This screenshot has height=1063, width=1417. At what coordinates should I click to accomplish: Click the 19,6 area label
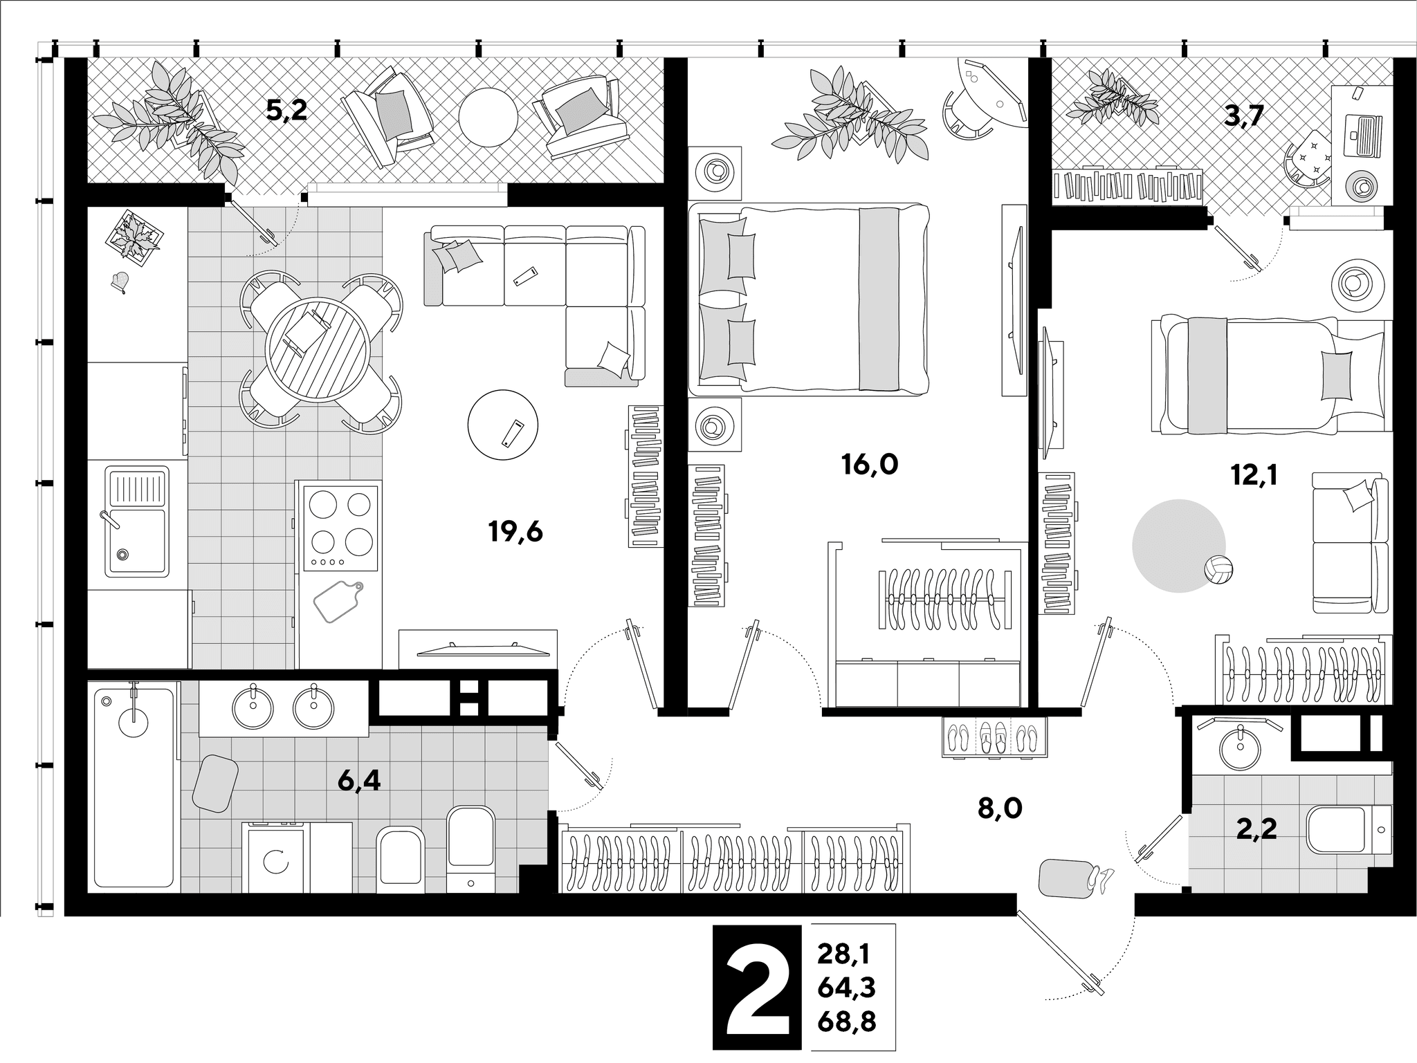pyautogui.click(x=515, y=533)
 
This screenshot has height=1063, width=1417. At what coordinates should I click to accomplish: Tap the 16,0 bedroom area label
pyautogui.click(x=870, y=465)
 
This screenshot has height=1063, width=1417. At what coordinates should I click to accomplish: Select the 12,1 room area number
pyautogui.click(x=1253, y=475)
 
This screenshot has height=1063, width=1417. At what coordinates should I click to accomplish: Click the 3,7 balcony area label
pyautogui.click(x=1243, y=117)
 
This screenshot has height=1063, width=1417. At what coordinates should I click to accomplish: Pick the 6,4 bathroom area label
pyautogui.click(x=359, y=782)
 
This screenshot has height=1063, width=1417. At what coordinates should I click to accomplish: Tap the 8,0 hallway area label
pyautogui.click(x=1000, y=808)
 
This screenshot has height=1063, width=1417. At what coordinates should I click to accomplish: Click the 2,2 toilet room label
pyautogui.click(x=1256, y=828)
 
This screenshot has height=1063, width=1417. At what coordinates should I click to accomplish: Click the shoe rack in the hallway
pyautogui.click(x=995, y=738)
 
